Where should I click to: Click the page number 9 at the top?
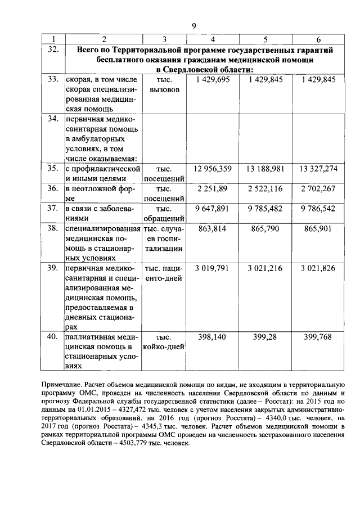click(193, 25)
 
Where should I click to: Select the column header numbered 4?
click(213, 39)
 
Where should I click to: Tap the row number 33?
click(53, 80)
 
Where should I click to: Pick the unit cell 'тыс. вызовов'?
click(164, 85)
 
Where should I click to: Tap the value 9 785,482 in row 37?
click(265, 208)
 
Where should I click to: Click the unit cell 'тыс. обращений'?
click(164, 213)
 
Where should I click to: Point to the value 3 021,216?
click(265, 268)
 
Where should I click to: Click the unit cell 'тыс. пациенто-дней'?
click(164, 273)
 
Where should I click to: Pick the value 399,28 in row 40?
click(265, 336)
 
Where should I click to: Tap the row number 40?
click(53, 336)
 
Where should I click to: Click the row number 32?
click(53, 49)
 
